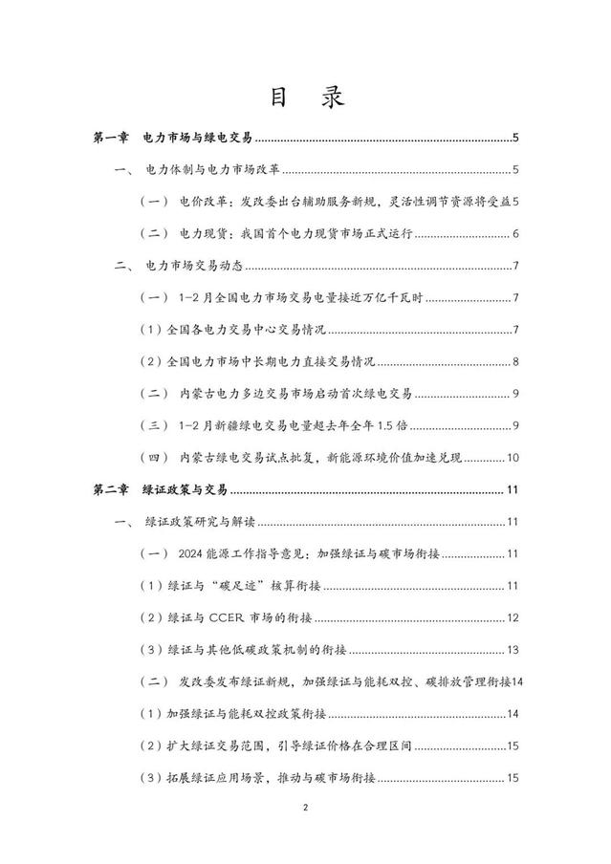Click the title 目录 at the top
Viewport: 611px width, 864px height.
[x=305, y=97]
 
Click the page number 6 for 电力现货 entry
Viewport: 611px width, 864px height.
[x=514, y=234]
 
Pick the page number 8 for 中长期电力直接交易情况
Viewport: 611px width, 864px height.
[x=514, y=362]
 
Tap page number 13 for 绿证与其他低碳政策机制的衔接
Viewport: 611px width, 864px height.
[x=512, y=650]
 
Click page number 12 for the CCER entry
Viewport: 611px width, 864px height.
[x=512, y=618]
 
